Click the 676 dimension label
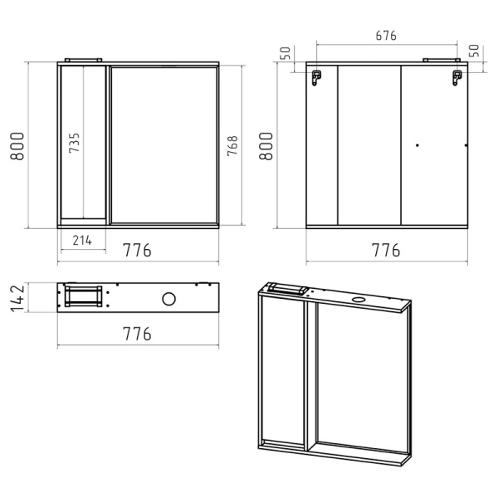coord(386,36)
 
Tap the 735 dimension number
coord(75,143)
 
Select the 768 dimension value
coord(232,145)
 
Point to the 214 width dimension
coord(82,241)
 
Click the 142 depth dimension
coord(17,298)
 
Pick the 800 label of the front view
coord(17,146)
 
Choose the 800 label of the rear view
coord(266,146)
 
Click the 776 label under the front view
coord(137,250)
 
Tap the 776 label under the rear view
coord(386,250)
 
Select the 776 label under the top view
coord(137,334)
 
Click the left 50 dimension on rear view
coord(286,53)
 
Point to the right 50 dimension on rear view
coord(474,51)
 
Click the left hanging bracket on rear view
coord(316,78)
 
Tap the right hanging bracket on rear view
coord(457,78)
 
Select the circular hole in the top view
coord(168,299)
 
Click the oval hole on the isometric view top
coord(359,299)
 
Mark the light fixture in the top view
coord(84,296)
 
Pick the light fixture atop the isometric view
coord(288,289)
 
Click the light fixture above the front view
coord(83,60)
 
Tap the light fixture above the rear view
coord(442,60)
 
